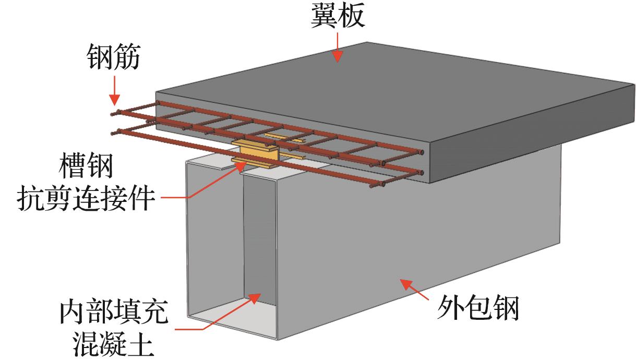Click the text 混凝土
(x=114, y=343)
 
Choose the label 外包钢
(x=478, y=308)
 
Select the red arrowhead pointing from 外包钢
(x=404, y=284)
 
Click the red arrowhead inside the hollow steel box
(x=254, y=297)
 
